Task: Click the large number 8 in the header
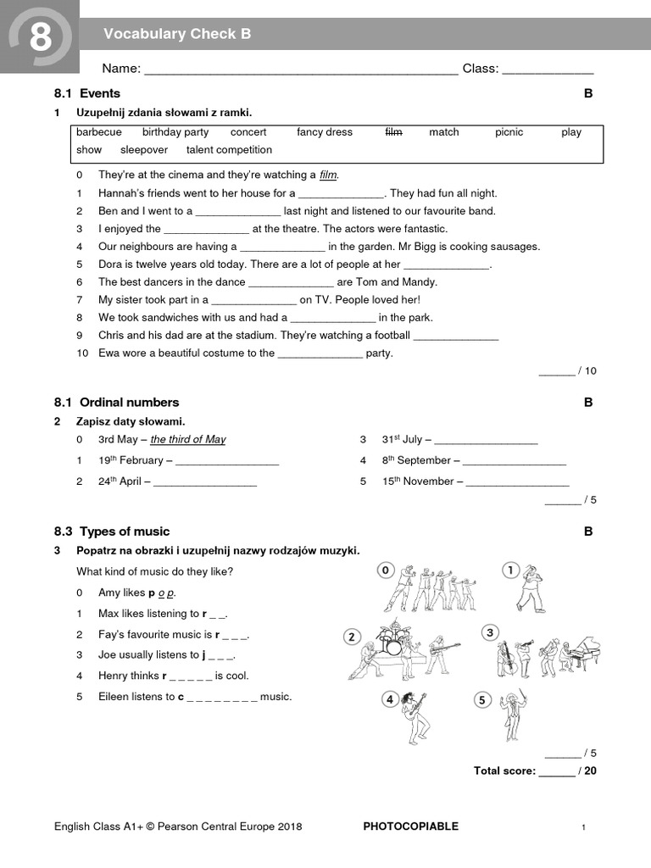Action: [40, 37]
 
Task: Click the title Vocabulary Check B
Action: [177, 34]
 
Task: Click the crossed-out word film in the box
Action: [393, 132]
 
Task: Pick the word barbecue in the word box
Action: [99, 132]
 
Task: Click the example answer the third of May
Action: [188, 439]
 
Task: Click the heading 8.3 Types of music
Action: [112, 531]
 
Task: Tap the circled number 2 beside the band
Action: [352, 637]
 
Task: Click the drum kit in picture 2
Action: [392, 643]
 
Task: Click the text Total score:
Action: [504, 771]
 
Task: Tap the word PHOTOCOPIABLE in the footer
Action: [410, 826]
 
